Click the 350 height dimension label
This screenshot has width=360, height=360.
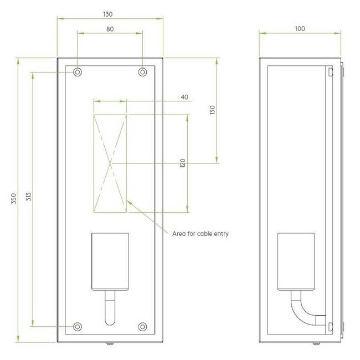(14, 198)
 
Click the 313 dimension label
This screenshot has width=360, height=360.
(27, 198)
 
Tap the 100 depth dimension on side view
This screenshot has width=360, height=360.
(301, 28)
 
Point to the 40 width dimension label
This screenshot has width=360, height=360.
(184, 97)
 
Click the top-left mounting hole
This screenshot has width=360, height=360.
(77, 71)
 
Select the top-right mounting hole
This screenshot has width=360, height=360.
(142, 71)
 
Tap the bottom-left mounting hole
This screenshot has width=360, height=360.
(77, 326)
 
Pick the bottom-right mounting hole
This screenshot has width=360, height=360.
(142, 326)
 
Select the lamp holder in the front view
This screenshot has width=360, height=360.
(110, 260)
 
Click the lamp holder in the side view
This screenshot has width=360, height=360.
(295, 260)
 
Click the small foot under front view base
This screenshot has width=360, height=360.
(110, 343)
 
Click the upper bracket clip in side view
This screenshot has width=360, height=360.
(331, 72)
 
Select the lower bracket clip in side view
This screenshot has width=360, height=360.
(331, 326)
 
